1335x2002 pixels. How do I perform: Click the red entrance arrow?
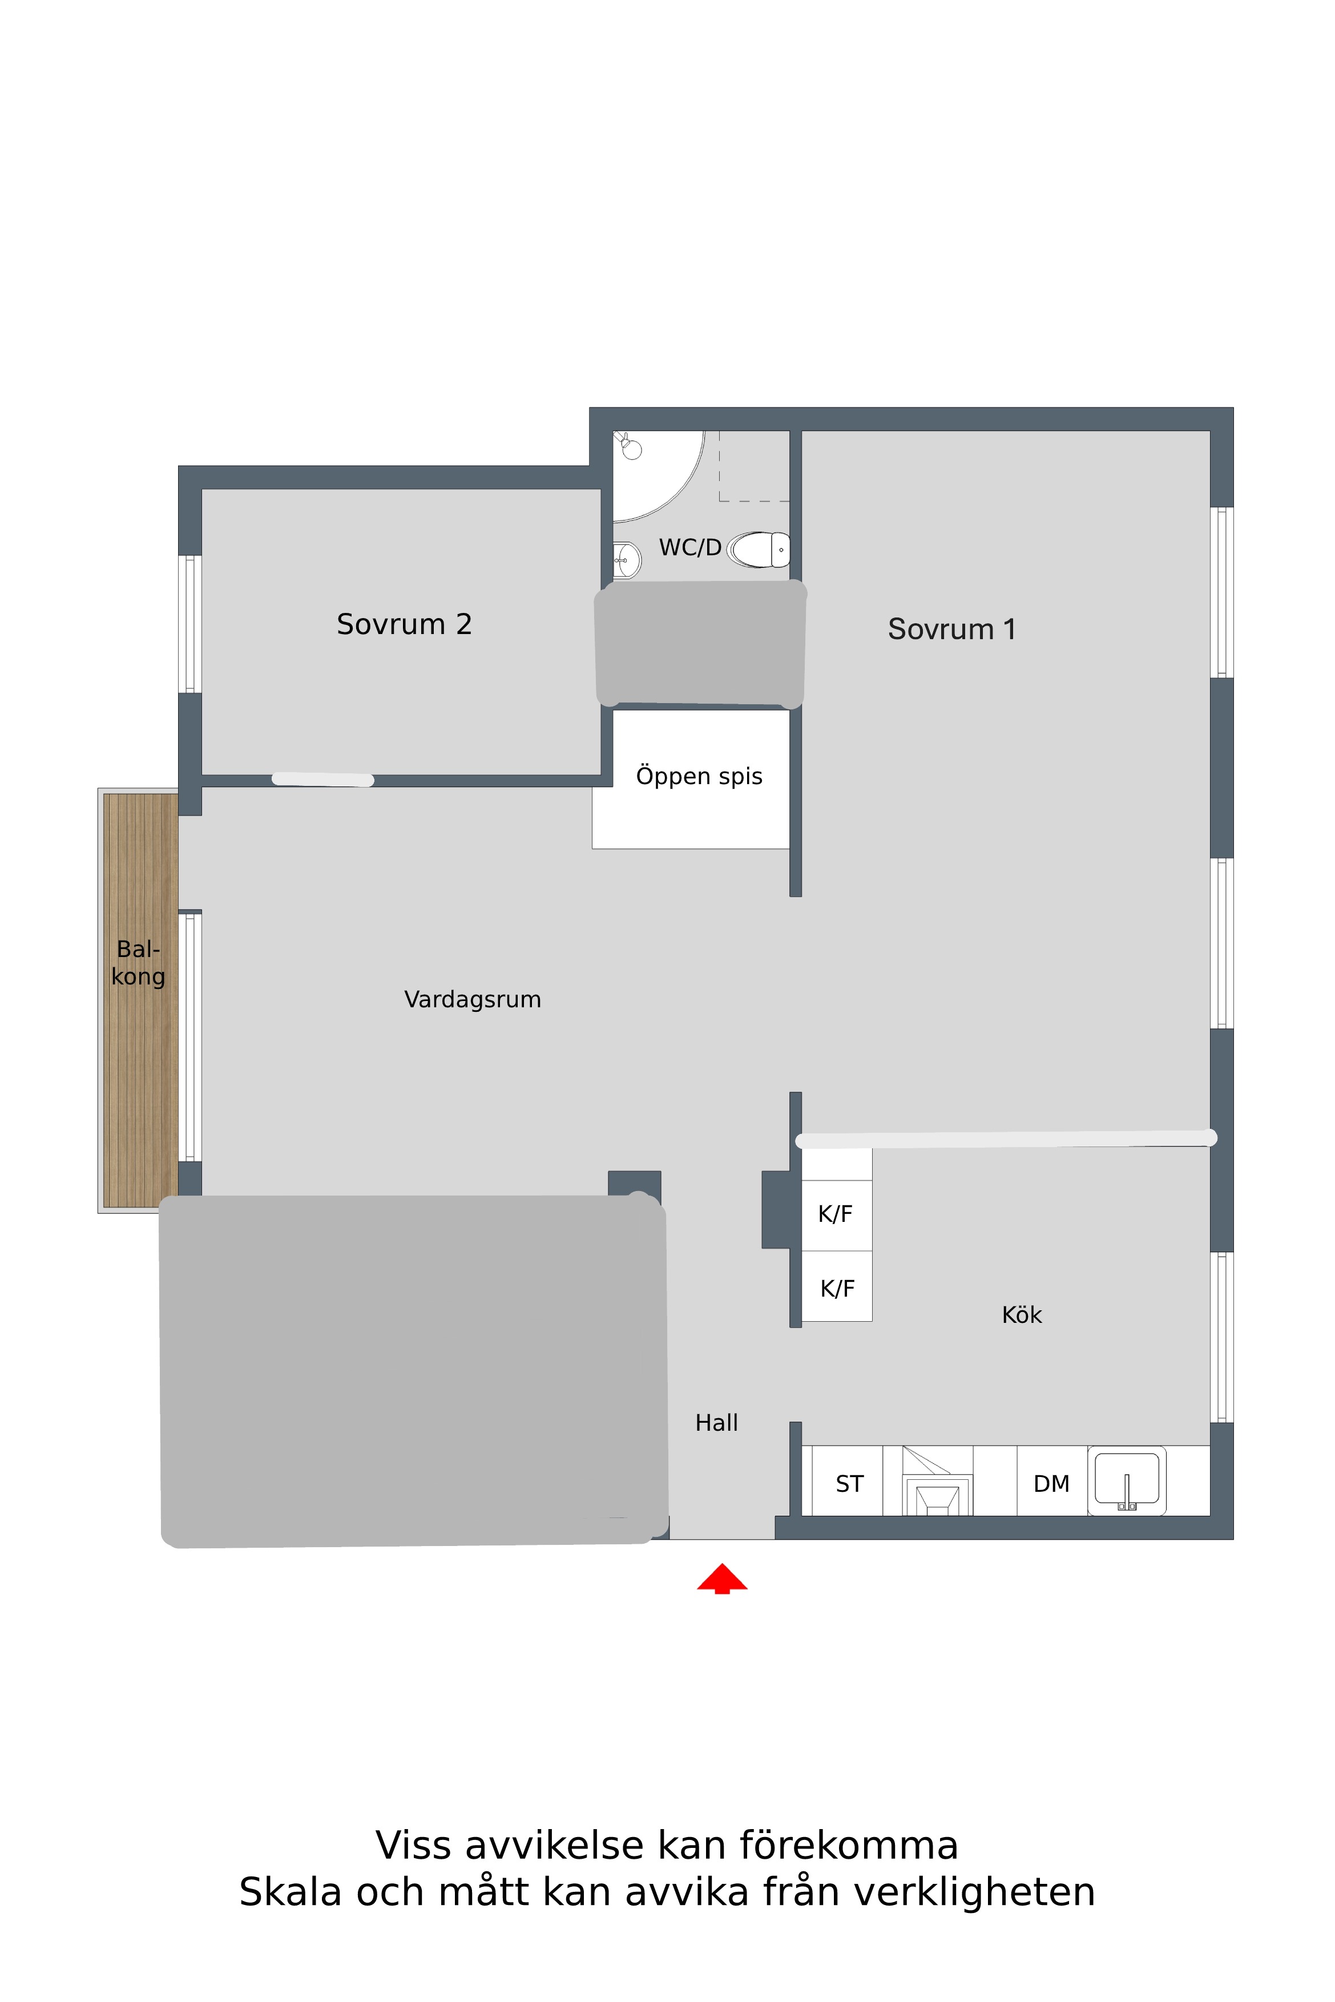click(x=722, y=1578)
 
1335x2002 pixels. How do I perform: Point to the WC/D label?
click(x=691, y=547)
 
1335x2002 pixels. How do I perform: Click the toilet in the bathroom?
click(x=759, y=550)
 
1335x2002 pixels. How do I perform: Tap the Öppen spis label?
click(x=699, y=776)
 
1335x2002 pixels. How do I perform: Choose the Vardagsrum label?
click(x=473, y=999)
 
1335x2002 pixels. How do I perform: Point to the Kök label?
click(x=1022, y=1315)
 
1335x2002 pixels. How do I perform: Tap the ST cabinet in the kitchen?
click(x=848, y=1484)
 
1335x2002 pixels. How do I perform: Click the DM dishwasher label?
click(x=1051, y=1484)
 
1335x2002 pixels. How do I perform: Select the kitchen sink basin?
click(x=1127, y=1480)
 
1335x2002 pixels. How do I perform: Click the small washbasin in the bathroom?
click(x=627, y=560)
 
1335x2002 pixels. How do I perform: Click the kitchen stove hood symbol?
click(x=937, y=1481)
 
